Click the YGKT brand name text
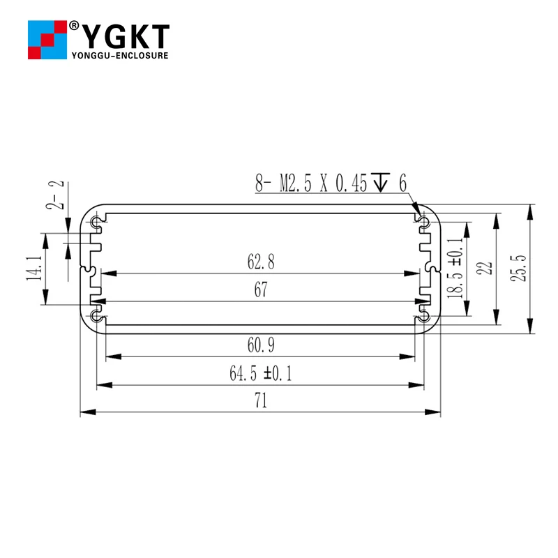coord(126,36)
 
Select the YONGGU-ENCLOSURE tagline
coord(120,55)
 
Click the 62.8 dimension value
coord(261,262)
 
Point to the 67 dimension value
coord(261,291)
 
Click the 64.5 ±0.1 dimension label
coord(261,374)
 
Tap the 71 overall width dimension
coord(261,402)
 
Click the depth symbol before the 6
coord(380,183)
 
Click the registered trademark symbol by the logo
coord(73,26)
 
